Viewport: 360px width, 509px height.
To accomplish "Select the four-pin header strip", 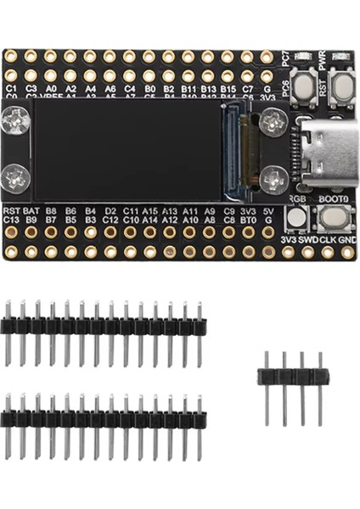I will [293, 378].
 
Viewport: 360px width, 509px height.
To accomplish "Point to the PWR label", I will [322, 60].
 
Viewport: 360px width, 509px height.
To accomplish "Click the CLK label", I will [328, 239].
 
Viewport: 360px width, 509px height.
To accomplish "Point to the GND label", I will [348, 239].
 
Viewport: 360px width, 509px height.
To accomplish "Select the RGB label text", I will [297, 198].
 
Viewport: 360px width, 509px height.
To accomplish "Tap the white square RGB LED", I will [295, 218].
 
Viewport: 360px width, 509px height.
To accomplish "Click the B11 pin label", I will [188, 87].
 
